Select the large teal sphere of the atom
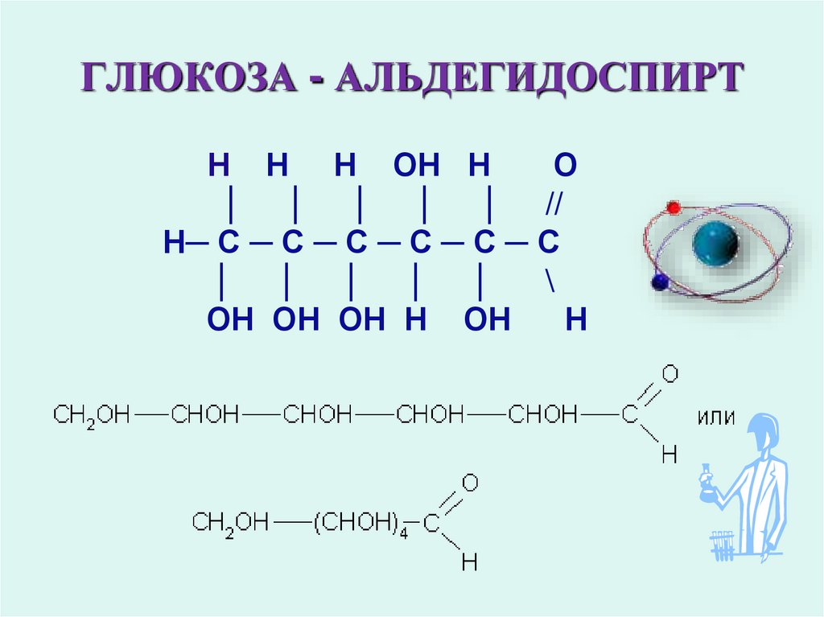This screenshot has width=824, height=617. click(715, 242)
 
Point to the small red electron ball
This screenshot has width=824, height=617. click(674, 208)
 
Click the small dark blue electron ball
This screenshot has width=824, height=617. click(661, 282)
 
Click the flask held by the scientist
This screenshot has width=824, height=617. click(707, 481)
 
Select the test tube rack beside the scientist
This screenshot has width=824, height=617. click(723, 545)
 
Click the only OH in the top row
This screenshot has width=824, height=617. click(416, 167)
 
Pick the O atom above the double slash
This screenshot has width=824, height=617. click(565, 167)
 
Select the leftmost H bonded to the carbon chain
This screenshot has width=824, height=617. click(174, 242)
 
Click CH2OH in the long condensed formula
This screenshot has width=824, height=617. click(91, 415)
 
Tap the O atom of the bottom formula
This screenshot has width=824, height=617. click(470, 483)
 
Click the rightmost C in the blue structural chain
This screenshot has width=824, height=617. click(548, 242)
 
